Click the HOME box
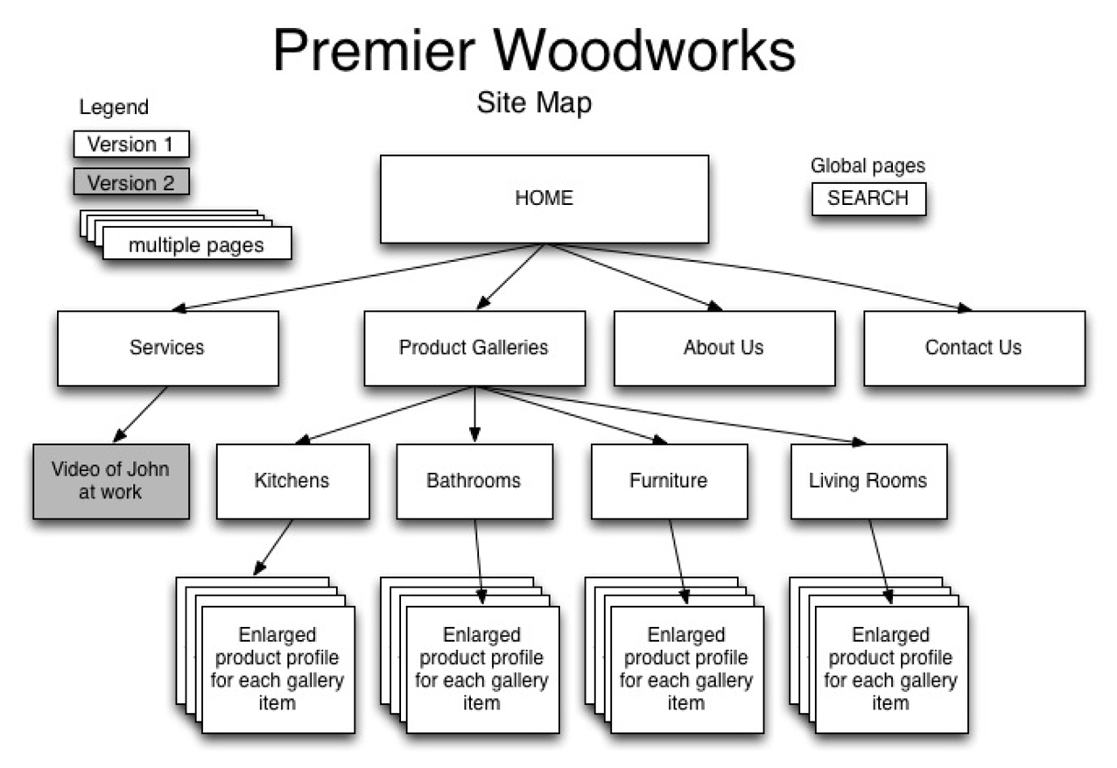click(544, 199)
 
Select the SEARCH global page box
click(868, 199)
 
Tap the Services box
click(167, 348)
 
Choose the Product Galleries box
click(474, 348)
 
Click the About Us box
click(724, 348)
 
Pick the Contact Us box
click(973, 348)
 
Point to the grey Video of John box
click(110, 481)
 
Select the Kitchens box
click(292, 481)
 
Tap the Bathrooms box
click(474, 481)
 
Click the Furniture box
click(669, 481)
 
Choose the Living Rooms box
click(868, 481)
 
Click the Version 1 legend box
click(130, 144)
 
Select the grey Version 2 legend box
click(130, 183)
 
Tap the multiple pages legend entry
click(195, 244)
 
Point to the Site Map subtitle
click(534, 103)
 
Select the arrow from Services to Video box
click(140, 414)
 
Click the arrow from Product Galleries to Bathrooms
click(474, 413)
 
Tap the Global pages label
click(867, 166)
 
